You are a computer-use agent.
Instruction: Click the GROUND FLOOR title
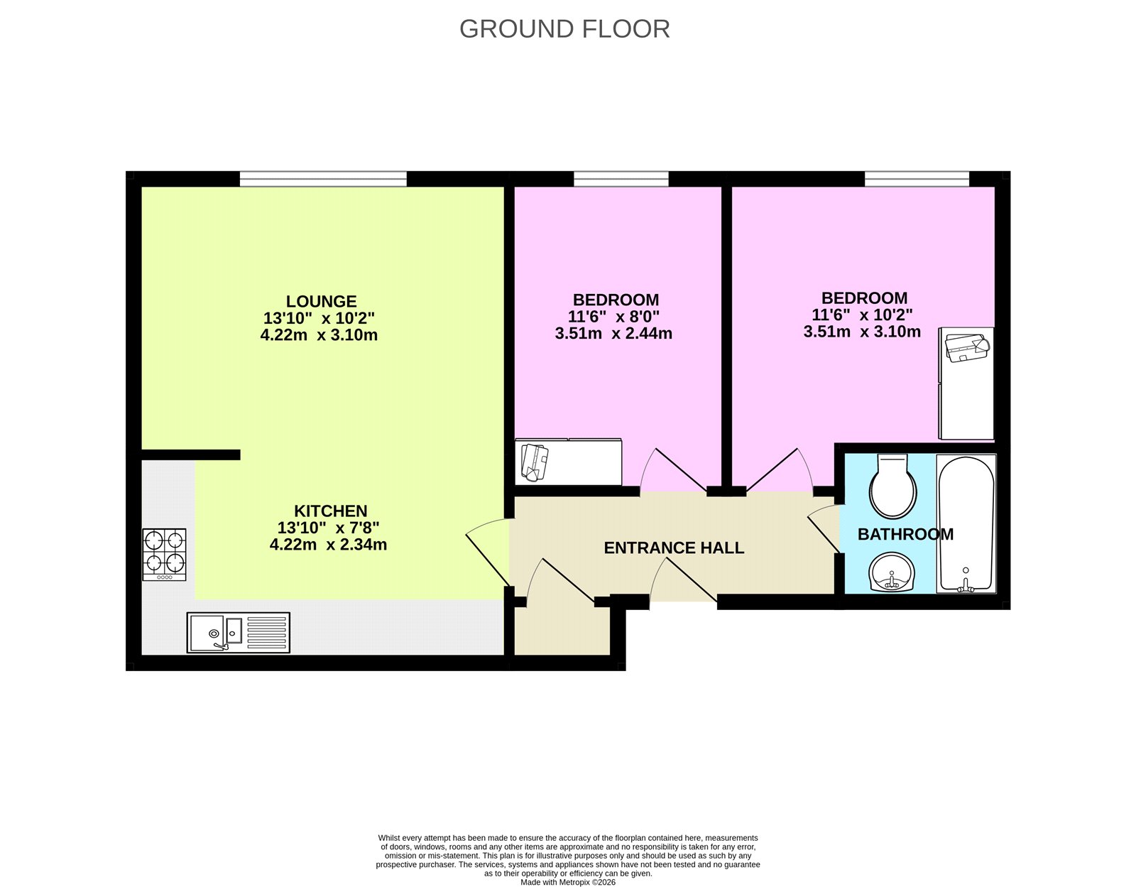point(564,29)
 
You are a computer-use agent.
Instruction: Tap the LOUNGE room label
point(321,301)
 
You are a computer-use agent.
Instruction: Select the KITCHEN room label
point(331,511)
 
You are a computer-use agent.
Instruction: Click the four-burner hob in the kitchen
point(164,554)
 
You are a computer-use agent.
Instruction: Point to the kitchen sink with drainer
point(239,632)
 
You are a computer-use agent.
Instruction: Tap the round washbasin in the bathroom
point(892,572)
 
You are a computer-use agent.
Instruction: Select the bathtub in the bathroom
point(966,523)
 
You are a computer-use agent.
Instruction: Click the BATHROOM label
point(905,534)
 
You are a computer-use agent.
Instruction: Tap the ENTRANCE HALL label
point(674,548)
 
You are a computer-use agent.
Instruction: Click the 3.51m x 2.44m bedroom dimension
point(613,333)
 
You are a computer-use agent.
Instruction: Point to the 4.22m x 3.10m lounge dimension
point(319,334)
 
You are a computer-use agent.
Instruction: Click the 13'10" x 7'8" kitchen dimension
point(328,528)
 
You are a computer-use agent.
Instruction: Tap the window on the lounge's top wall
point(323,178)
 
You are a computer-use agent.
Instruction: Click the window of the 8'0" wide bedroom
point(621,178)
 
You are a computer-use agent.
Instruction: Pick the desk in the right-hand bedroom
point(966,383)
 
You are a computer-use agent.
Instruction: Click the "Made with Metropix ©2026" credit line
point(568,882)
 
